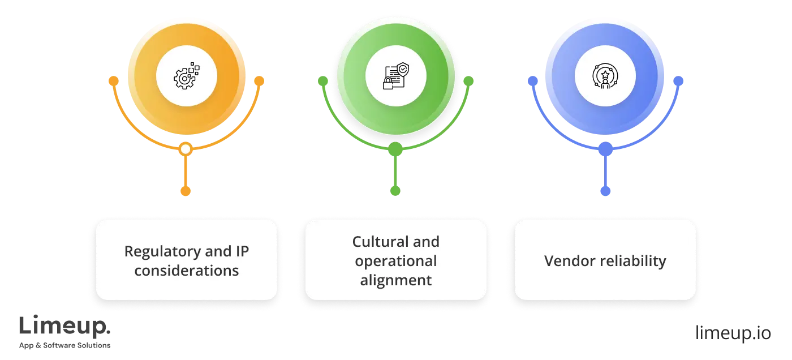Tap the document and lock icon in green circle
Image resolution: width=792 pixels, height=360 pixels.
coord(395,76)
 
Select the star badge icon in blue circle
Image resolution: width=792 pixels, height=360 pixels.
coord(605,76)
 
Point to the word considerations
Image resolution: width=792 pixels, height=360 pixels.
coord(186,271)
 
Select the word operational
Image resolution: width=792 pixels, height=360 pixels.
coord(395,261)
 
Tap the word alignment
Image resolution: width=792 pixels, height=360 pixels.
coord(395,280)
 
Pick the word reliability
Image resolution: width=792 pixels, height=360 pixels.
coord(632,261)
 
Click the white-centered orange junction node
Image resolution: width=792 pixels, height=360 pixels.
coord(185,149)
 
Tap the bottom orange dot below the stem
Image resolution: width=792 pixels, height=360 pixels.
coord(185,191)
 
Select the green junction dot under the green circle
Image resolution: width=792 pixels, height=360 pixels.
coord(395,149)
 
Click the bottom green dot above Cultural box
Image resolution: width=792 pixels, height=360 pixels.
coord(395,191)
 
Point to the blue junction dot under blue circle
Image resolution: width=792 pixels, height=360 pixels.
coord(605,149)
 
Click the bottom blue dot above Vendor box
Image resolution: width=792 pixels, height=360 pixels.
coord(605,191)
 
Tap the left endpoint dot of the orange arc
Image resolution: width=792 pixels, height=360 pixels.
coord(113,81)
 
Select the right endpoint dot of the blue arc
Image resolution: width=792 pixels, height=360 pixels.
coord(678,81)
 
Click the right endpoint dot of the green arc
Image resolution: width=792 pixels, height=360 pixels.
coord(468,81)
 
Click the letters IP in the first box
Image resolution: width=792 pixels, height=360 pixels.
coord(242,251)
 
